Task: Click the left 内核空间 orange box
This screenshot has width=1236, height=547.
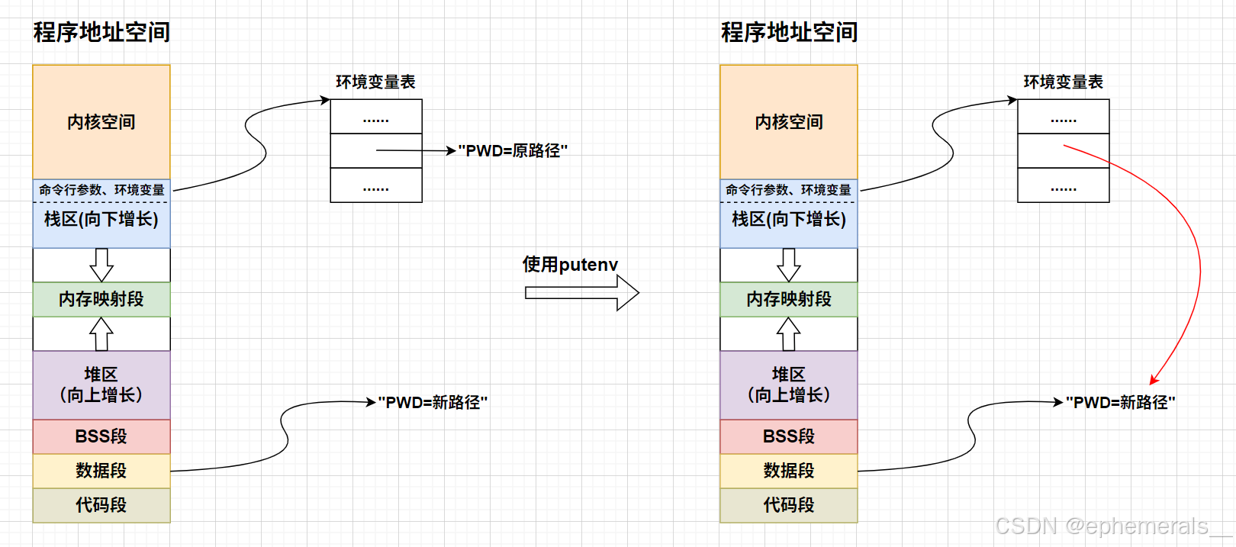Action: (101, 122)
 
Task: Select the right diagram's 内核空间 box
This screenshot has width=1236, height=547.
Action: (789, 122)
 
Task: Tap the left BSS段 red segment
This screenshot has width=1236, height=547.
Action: (101, 436)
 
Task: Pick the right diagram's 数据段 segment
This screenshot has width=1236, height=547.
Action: (789, 471)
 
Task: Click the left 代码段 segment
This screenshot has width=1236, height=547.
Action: (101, 505)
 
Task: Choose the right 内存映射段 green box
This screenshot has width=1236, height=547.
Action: (789, 299)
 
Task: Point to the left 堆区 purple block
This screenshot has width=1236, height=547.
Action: (101, 385)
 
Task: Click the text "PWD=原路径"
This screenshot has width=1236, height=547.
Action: (513, 151)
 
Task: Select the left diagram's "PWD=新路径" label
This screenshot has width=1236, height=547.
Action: (433, 402)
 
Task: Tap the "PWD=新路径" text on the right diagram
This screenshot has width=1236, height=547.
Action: (1120, 402)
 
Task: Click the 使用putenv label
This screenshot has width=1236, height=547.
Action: (570, 265)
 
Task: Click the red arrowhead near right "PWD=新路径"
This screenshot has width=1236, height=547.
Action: (1154, 379)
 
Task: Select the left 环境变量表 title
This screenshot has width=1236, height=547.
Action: (375, 82)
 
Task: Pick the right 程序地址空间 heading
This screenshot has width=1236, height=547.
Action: (789, 32)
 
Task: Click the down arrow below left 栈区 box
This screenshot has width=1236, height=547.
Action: (101, 265)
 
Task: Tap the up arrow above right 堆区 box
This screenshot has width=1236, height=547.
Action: (789, 333)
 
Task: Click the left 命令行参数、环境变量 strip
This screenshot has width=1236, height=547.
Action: (101, 190)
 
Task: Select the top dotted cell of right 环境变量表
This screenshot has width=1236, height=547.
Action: (1064, 117)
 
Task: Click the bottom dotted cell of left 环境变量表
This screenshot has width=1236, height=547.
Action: (376, 185)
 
